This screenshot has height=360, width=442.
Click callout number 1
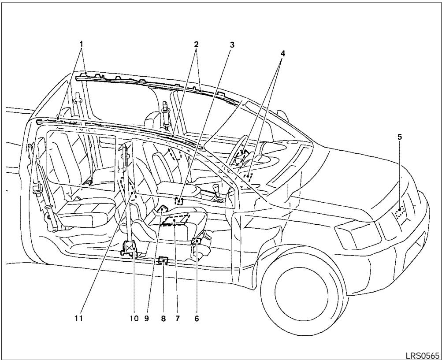point(81,44)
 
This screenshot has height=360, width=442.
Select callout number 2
point(196,44)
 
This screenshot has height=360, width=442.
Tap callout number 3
point(232,44)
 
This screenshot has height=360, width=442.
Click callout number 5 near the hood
point(399,137)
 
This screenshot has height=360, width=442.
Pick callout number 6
point(197,317)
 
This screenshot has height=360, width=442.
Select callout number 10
point(134,317)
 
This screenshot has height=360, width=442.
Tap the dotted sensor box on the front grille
point(400,213)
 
